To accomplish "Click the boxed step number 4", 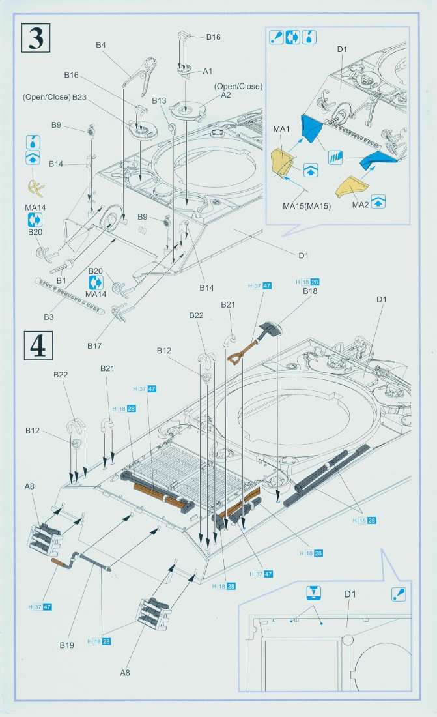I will pyautogui.click(x=37, y=345).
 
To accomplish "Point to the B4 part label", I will pyautogui.click(x=100, y=45).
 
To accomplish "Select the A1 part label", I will pyautogui.click(x=208, y=70).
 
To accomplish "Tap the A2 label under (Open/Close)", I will pyautogui.click(x=226, y=95).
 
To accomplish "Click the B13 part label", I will pyautogui.click(x=160, y=101).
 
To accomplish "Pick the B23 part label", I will pyautogui.click(x=79, y=97).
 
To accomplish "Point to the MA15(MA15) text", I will pyautogui.click(x=307, y=207).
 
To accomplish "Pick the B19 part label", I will pyautogui.click(x=66, y=645).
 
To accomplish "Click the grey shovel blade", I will pyautogui.click(x=270, y=329).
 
